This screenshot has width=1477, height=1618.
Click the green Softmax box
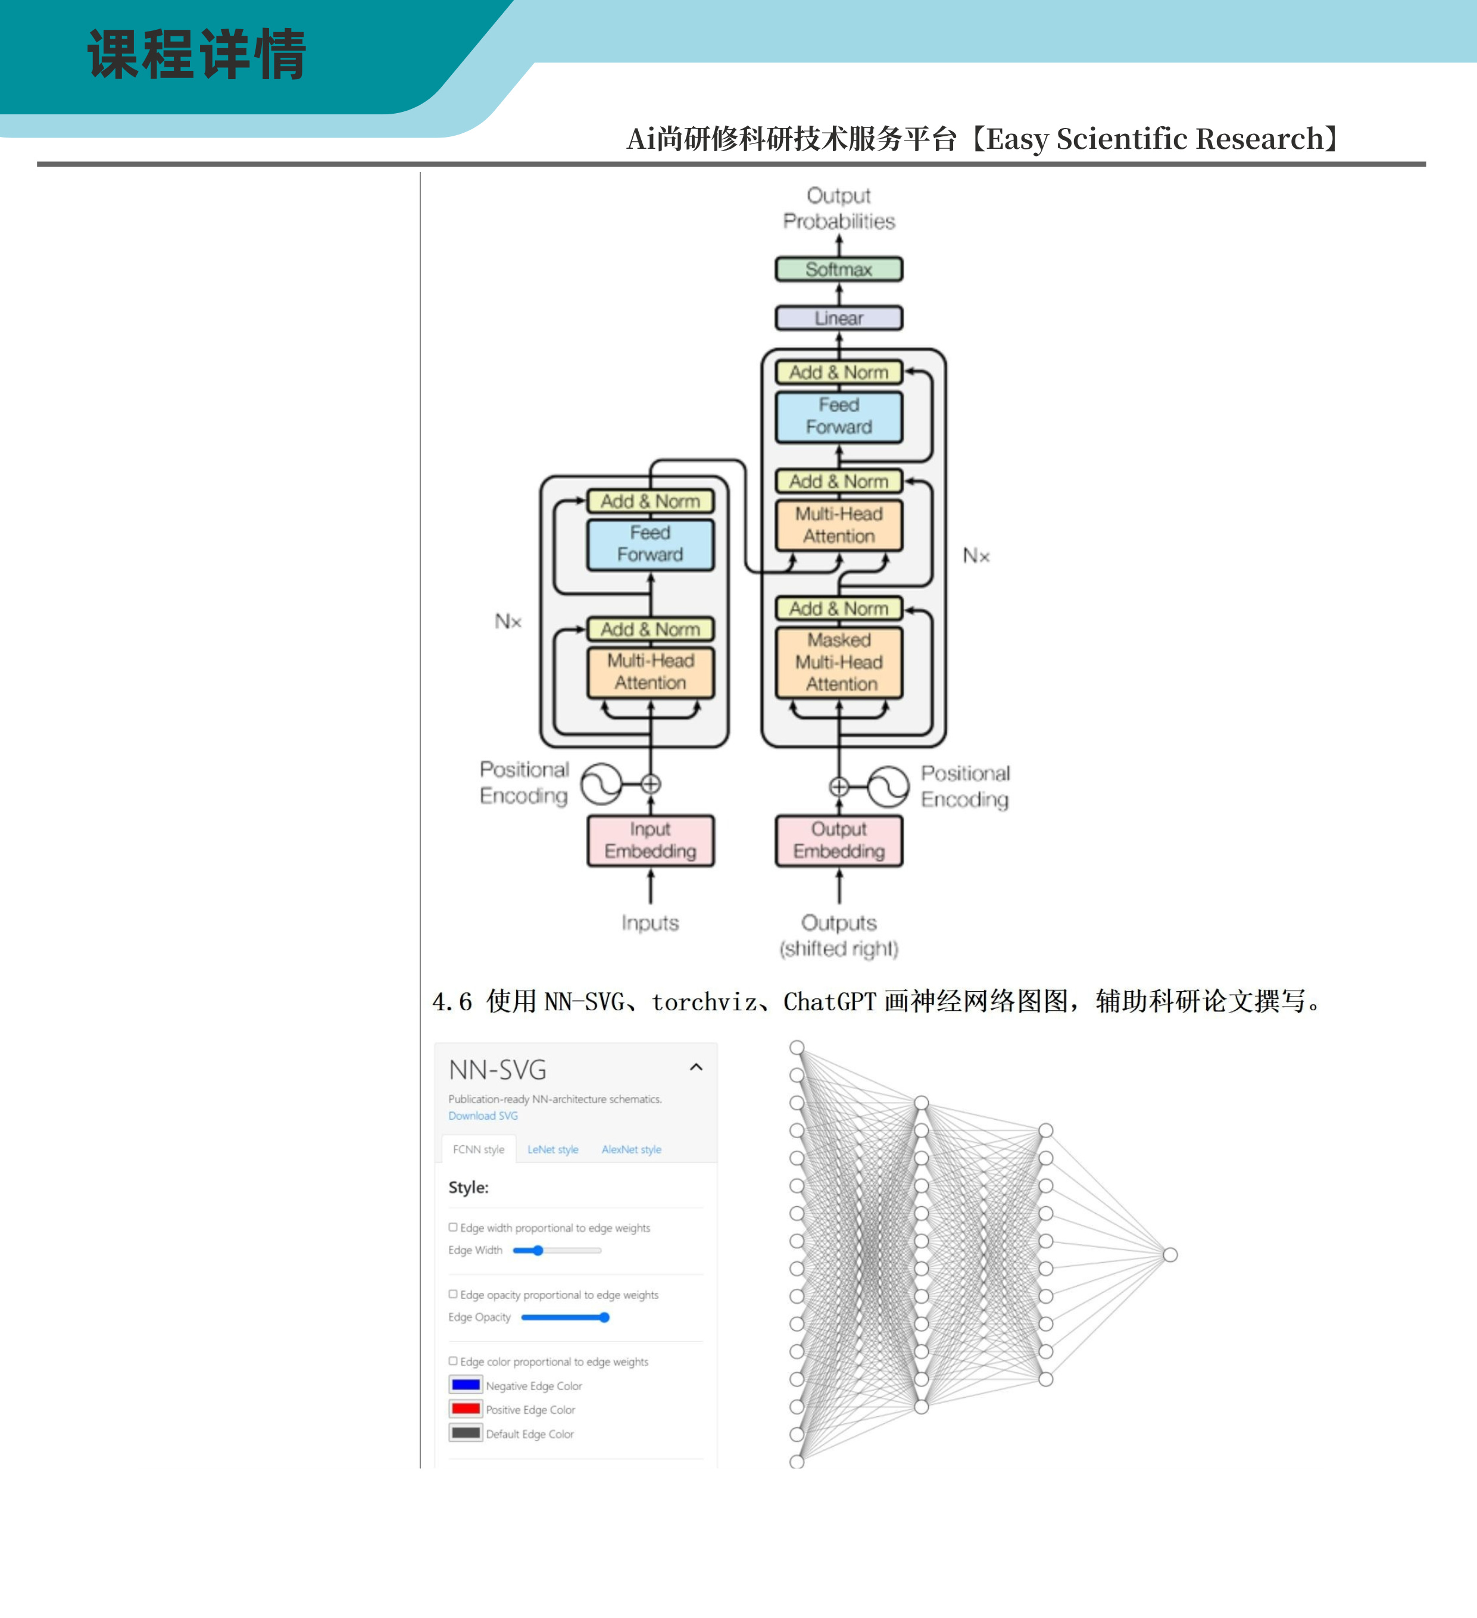(839, 270)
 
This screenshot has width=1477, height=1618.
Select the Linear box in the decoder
(839, 318)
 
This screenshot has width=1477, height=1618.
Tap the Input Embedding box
(650, 841)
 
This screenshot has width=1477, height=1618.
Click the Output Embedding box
(839, 841)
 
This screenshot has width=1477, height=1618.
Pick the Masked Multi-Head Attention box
(839, 662)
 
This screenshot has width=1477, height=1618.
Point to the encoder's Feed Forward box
(650, 544)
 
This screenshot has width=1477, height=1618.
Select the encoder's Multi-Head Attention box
(650, 671)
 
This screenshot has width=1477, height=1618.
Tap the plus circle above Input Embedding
(651, 784)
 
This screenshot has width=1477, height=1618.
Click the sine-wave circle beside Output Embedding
(888, 786)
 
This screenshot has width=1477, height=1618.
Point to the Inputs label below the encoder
(650, 923)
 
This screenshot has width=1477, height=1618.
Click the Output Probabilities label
(839, 209)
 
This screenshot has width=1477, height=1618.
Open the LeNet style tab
(552, 1150)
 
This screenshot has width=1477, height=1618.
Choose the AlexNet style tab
(632, 1150)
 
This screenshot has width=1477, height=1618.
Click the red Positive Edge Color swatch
(466, 1408)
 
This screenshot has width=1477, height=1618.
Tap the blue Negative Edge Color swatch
(466, 1385)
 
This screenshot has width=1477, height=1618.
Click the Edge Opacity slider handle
(604, 1317)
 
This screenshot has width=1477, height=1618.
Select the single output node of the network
(1170, 1254)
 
